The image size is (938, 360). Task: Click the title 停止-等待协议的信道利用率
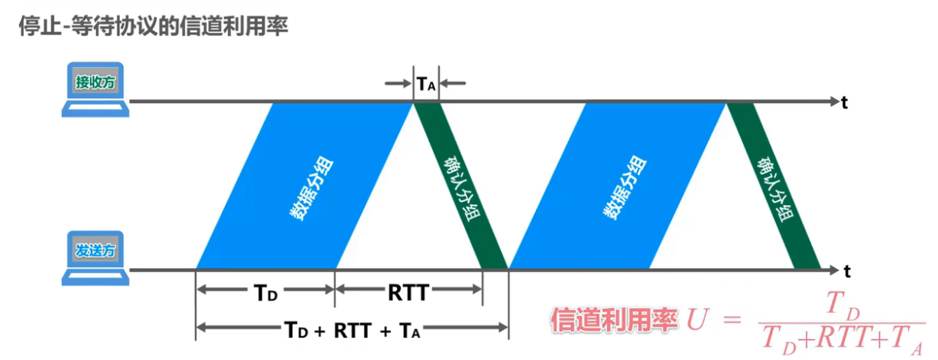(x=153, y=25)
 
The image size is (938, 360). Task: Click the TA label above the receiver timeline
(x=426, y=83)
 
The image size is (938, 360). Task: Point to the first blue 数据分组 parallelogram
(x=306, y=186)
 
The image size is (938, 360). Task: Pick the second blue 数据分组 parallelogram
(x=617, y=186)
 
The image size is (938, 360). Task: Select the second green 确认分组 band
(x=773, y=186)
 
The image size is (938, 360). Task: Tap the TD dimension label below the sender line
(x=266, y=292)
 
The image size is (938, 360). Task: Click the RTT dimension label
(x=408, y=292)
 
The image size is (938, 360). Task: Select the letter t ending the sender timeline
(x=847, y=271)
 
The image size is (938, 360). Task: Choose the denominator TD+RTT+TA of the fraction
(x=841, y=339)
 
